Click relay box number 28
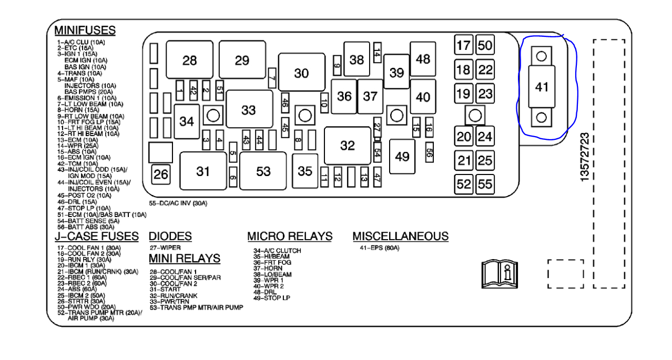pyautogui.click(x=189, y=60)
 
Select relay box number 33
pyautogui.click(x=248, y=110)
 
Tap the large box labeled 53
pyautogui.click(x=263, y=171)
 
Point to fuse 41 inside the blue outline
pyautogui.click(x=542, y=87)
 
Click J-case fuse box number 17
pyautogui.click(x=463, y=45)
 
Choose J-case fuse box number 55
pyautogui.click(x=485, y=184)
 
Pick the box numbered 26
pyautogui.click(x=161, y=174)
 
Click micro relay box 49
pyautogui.click(x=402, y=157)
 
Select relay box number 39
pyautogui.click(x=396, y=73)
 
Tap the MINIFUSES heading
pyautogui.click(x=85, y=30)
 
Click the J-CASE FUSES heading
pyautogui.click(x=97, y=236)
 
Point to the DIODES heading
pyautogui.click(x=170, y=236)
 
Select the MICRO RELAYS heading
pyautogui.click(x=290, y=236)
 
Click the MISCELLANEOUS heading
pyautogui.click(x=400, y=236)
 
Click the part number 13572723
pyautogui.click(x=585, y=157)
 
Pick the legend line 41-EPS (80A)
pyautogui.click(x=379, y=248)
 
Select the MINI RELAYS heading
pyautogui.click(x=184, y=259)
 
